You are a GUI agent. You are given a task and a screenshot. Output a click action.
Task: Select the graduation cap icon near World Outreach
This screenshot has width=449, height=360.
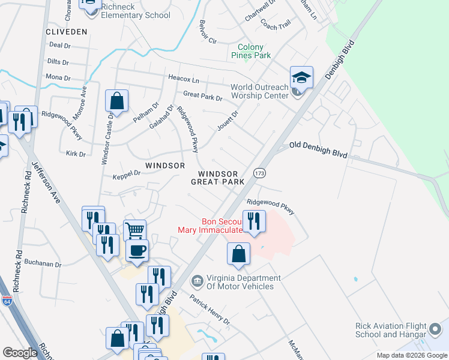[302, 78]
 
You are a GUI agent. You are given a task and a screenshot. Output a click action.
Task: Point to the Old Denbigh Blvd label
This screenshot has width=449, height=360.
[318, 149]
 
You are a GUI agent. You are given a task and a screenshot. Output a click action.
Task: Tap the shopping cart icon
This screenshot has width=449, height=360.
[135, 229]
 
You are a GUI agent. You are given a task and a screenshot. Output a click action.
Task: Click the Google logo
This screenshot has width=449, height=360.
[20, 353]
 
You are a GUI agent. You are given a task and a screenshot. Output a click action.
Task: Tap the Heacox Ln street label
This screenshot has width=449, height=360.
[183, 79]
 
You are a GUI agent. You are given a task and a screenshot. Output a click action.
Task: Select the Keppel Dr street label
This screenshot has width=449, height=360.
[126, 173]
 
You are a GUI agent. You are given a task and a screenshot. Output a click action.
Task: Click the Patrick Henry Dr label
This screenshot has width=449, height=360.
[209, 309]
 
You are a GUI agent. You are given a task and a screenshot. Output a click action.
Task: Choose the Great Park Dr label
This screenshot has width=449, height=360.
[202, 95]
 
